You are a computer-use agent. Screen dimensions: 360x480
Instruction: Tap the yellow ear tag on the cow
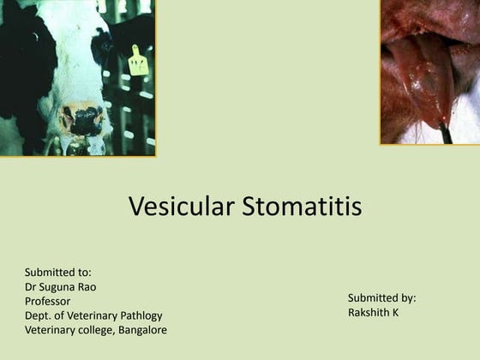pyautogui.click(x=138, y=62)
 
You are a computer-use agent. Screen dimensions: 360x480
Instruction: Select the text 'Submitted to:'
pyautogui.click(x=58, y=273)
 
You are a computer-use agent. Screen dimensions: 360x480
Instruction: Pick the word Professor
pyautogui.click(x=48, y=302)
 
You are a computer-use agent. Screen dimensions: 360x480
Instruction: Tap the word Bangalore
pyautogui.click(x=141, y=330)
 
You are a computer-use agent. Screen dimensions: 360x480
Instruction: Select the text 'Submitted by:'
pyautogui.click(x=381, y=298)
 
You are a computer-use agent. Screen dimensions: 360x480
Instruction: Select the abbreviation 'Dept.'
pyautogui.click(x=39, y=315)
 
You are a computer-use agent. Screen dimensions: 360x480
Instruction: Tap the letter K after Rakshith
pyautogui.click(x=395, y=313)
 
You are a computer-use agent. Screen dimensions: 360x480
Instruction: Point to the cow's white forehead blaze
pyautogui.click(x=73, y=51)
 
